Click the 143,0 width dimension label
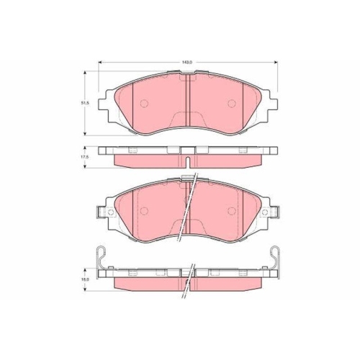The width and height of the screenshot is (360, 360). (x=187, y=62)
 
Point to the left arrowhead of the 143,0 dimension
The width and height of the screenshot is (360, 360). (x=101, y=62)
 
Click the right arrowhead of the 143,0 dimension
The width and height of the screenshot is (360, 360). (x=276, y=62)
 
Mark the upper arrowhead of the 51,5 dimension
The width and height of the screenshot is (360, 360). (x=84, y=73)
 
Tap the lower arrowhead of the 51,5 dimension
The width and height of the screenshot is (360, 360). (x=84, y=133)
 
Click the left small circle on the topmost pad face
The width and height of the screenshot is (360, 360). (x=144, y=103)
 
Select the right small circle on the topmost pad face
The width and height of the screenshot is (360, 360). (x=232, y=104)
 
